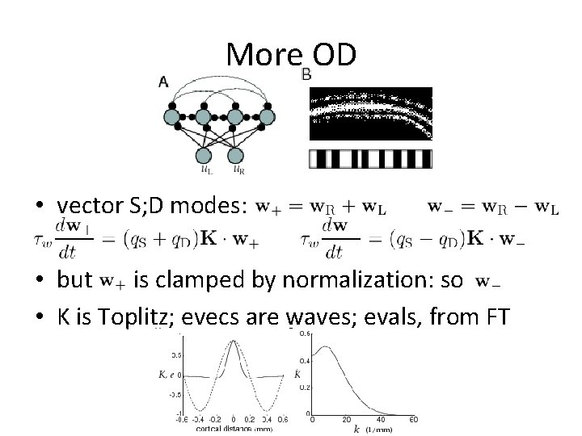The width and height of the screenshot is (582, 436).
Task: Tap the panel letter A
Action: [162, 81]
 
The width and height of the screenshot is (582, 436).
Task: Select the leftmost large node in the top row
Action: [172, 117]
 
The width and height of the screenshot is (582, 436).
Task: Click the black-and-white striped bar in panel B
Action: [371, 158]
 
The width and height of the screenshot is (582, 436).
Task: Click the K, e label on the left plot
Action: [168, 375]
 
